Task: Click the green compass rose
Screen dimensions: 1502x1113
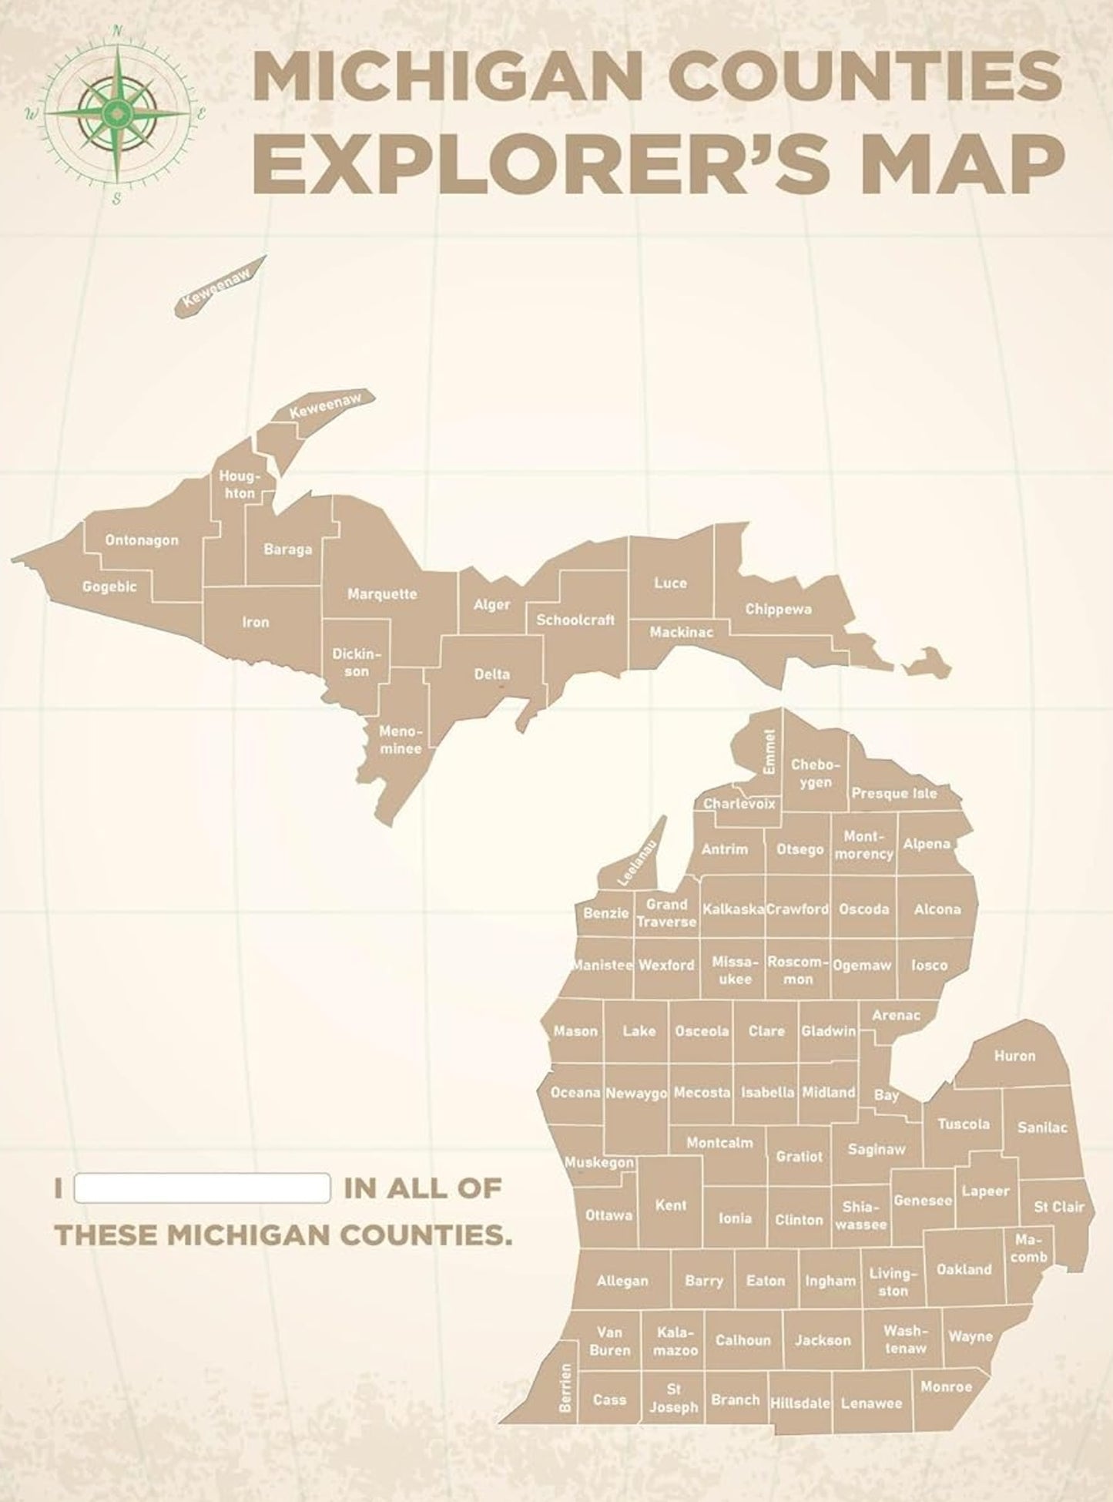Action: coord(116,115)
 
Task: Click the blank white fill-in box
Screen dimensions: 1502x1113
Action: coord(202,1188)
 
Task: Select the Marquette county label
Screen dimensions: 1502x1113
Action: coord(382,594)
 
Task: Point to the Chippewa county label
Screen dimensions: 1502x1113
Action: coord(778,609)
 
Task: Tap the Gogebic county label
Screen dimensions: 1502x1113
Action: coord(109,586)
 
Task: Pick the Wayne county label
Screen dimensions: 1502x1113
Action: coord(970,1336)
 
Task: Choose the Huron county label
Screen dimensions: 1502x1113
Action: coord(1014,1056)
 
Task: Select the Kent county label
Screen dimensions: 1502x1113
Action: coord(670,1205)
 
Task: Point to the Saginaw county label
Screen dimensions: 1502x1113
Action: coord(877,1149)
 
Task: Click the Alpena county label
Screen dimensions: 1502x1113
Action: coord(927,844)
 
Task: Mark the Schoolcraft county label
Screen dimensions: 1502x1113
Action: coord(575,620)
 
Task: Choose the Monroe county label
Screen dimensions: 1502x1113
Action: coord(946,1386)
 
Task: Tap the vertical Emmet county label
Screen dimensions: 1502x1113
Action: coord(768,751)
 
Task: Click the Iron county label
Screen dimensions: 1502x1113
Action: coord(256,621)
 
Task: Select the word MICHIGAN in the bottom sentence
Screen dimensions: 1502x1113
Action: coord(255,1235)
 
